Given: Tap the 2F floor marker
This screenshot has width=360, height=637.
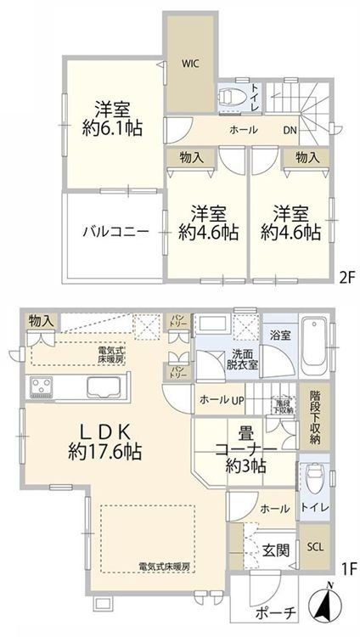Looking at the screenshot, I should point(346,276).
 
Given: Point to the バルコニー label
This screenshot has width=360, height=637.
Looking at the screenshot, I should point(116,231).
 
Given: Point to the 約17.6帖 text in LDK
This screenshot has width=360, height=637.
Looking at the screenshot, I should point(105,453).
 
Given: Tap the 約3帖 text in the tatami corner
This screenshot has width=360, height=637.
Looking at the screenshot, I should point(247,465).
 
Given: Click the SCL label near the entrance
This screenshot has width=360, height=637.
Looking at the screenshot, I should point(313,547).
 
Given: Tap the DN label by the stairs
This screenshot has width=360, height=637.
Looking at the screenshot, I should point(290,132).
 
